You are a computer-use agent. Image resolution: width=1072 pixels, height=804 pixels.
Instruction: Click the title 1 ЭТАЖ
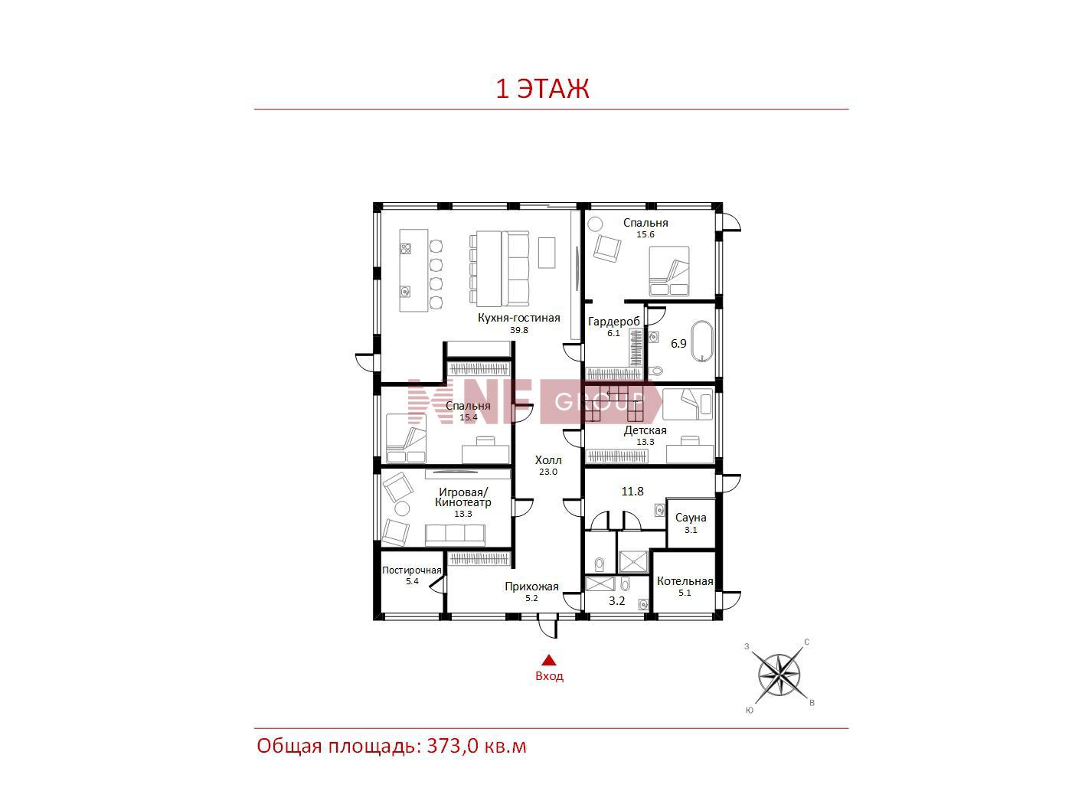click(x=542, y=89)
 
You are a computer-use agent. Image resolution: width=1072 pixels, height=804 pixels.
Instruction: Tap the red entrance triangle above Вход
click(x=549, y=660)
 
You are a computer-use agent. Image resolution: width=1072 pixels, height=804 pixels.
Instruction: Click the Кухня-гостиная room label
click(x=518, y=318)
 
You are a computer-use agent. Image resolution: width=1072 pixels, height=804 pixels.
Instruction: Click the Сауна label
click(x=691, y=518)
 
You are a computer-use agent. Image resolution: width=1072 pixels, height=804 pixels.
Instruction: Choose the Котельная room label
click(x=685, y=581)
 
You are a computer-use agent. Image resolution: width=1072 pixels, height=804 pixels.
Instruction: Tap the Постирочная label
click(x=412, y=570)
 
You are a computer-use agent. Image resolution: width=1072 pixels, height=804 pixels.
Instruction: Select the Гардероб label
click(x=613, y=322)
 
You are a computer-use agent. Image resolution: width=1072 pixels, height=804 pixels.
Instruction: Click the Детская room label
click(x=645, y=430)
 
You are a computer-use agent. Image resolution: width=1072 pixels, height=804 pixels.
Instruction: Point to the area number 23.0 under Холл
click(x=548, y=472)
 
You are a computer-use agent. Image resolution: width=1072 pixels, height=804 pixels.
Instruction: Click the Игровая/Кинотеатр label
click(x=463, y=498)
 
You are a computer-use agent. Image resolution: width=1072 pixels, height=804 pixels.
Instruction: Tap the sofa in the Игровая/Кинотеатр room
click(x=455, y=535)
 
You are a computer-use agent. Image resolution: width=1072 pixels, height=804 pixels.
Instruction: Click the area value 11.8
click(x=632, y=492)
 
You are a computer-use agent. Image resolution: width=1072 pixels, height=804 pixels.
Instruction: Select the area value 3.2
click(x=616, y=601)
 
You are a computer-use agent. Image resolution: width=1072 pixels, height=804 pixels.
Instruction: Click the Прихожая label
click(x=531, y=587)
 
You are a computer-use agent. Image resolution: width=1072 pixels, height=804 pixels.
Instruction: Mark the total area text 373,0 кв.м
click(x=476, y=747)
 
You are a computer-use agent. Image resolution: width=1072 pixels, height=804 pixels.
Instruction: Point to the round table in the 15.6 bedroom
click(x=595, y=224)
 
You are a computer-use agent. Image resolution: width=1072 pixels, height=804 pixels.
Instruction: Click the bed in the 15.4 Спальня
click(x=406, y=438)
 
